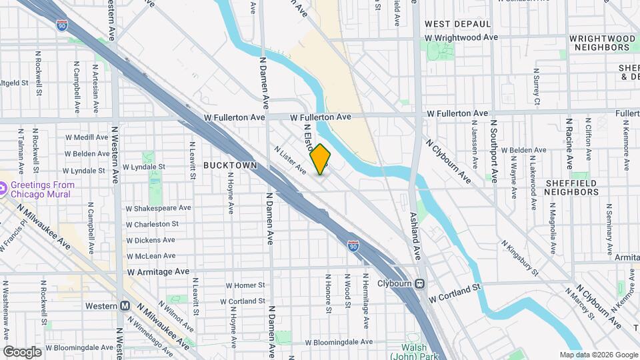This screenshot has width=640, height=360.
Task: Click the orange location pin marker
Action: (x=321, y=159)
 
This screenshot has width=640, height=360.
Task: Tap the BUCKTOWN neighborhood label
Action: (x=230, y=164)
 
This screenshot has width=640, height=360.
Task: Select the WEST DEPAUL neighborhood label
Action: (x=453, y=24)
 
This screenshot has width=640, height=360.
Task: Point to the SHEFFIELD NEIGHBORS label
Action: (x=571, y=187)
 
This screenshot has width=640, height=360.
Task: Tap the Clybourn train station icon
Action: (x=420, y=283)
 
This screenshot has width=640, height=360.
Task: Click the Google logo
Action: (x=22, y=351)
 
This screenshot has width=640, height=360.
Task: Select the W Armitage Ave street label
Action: (x=158, y=271)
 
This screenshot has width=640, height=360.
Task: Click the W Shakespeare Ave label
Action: (x=158, y=208)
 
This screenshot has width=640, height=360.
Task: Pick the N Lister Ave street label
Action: (x=290, y=161)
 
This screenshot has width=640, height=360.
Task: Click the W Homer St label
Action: (x=245, y=285)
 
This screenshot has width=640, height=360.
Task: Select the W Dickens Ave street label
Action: (x=151, y=240)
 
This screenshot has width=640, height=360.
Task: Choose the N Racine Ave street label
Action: (x=569, y=143)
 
